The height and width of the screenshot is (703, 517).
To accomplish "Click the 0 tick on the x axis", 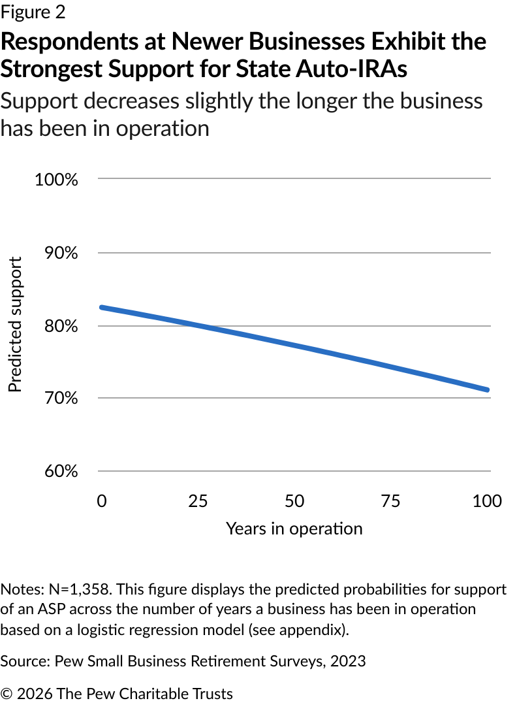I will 101,501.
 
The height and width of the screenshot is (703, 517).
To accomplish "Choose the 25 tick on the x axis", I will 198,501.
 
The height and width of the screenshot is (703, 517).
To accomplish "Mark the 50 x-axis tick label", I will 295,501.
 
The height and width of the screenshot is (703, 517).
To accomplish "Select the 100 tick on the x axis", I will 486,501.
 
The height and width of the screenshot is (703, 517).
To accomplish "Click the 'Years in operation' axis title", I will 294,529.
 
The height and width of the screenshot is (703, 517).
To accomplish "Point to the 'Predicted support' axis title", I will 15,325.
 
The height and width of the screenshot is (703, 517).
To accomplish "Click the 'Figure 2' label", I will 33,12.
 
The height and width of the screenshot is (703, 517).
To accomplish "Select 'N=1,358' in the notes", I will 82,589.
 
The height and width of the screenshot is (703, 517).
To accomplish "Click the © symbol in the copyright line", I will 7,693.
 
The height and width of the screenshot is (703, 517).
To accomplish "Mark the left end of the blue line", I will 101,307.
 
